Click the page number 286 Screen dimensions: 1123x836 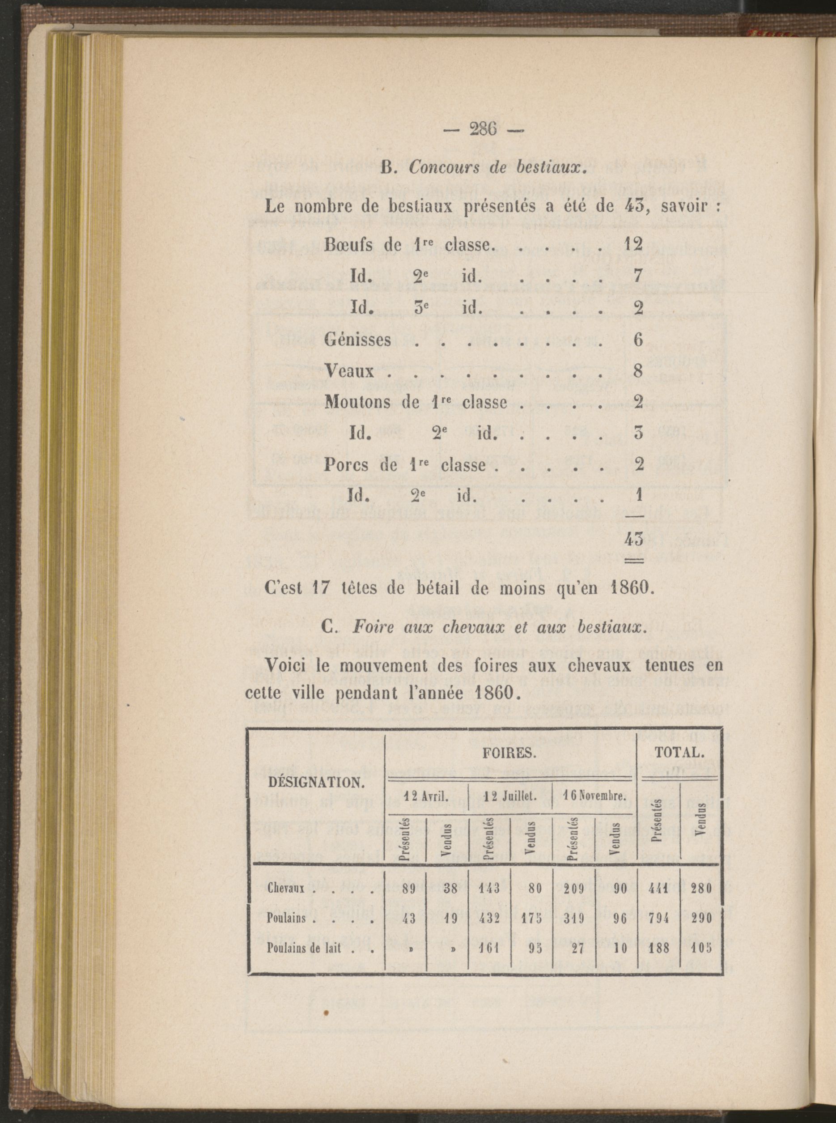pos(484,130)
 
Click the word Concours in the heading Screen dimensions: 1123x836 pos(439,168)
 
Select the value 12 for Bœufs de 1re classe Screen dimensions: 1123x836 pos(633,244)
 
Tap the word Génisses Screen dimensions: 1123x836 pos(357,339)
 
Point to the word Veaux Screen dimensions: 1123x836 pos(349,371)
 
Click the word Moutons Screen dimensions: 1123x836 pos(357,402)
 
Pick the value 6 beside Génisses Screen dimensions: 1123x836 pos(638,339)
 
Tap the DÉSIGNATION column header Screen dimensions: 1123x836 pos(316,783)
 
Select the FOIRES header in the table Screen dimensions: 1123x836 pos(509,753)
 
